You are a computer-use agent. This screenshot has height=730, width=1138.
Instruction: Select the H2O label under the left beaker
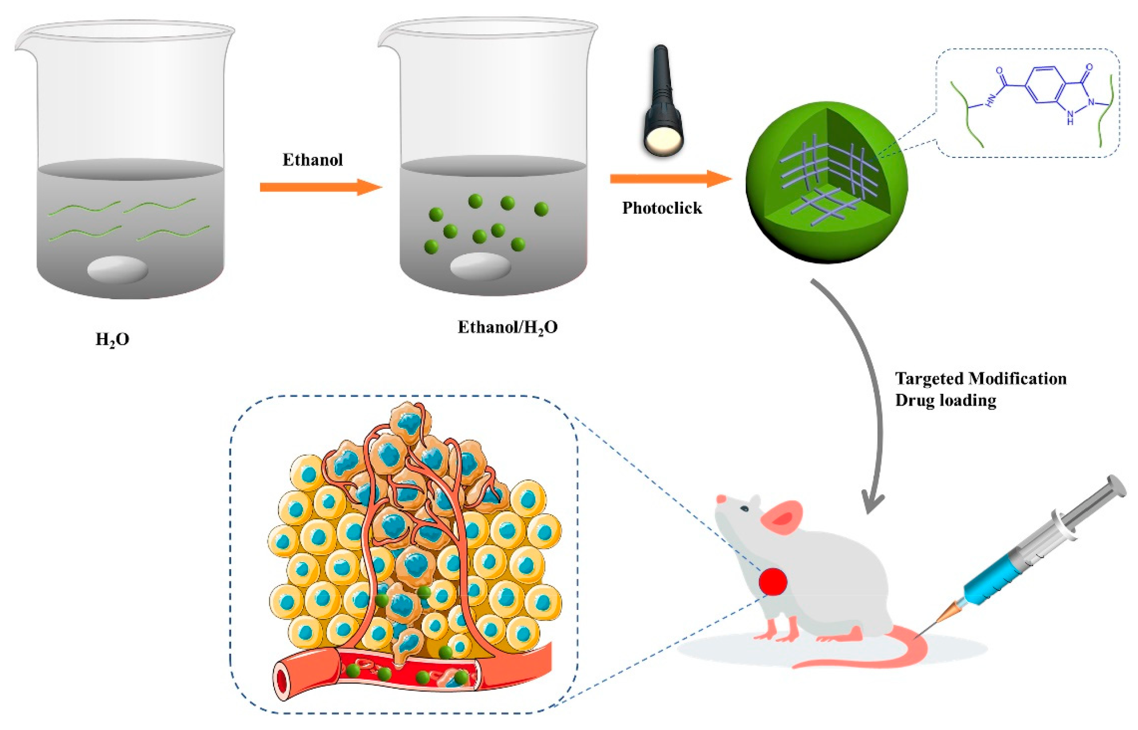tap(112, 340)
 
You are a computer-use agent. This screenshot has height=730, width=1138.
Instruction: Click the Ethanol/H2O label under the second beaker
tap(507, 328)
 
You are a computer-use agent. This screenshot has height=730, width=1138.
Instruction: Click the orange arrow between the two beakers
tap(321, 187)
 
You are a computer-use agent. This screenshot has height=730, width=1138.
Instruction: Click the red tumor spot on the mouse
tap(773, 582)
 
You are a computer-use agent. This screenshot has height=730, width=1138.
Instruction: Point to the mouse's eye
tap(745, 509)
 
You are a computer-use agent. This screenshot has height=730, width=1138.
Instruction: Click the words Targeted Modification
tap(981, 378)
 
